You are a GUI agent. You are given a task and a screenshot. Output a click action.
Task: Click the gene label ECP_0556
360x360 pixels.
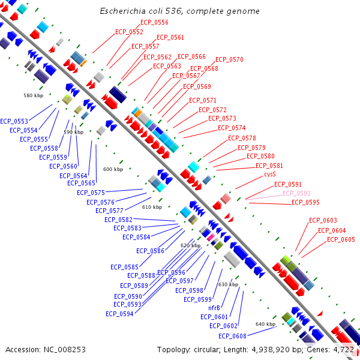pyautogui.click(x=154, y=22)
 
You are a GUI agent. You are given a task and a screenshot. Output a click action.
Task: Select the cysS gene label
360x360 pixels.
pyautogui.click(x=270, y=174)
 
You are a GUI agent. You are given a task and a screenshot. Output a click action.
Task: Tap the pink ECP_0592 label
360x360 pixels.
pyautogui.click(x=296, y=193)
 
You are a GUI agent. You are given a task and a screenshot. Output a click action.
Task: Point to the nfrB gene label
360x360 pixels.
pyautogui.click(x=214, y=308)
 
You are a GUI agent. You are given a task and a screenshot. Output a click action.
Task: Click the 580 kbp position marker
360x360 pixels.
pyautogui.click(x=33, y=95)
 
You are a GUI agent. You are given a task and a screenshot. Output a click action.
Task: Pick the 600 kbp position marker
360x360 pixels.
pyautogui.click(x=113, y=169)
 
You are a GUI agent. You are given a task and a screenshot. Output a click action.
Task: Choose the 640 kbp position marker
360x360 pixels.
pyautogui.click(x=265, y=324)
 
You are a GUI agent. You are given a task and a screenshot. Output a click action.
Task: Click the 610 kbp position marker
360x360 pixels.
pyautogui.click(x=152, y=207)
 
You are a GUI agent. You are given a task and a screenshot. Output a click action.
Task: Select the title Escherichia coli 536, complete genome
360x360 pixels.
pyautogui.click(x=180, y=11)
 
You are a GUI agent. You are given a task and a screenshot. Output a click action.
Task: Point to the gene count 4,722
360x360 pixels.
pyautogui.click(x=343, y=350)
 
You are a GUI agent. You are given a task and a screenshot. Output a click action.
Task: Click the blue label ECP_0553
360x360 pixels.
pyautogui.click(x=14, y=121)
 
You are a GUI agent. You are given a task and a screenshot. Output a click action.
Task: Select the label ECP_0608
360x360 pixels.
pyautogui.click(x=232, y=336)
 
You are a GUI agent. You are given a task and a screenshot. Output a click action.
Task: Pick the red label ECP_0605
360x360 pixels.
pyautogui.click(x=341, y=239)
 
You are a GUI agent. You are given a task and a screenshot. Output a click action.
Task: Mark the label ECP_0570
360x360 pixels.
pyautogui.click(x=229, y=59)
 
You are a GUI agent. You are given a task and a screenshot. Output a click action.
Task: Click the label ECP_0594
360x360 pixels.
pyautogui.click(x=119, y=314)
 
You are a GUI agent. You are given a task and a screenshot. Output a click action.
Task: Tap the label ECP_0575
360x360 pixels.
pyautogui.click(x=91, y=193)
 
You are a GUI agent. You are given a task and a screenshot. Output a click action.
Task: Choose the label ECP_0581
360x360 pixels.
pyautogui.click(x=269, y=166)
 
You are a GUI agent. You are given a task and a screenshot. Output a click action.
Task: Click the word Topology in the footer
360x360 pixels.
pyautogui.click(x=173, y=350)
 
